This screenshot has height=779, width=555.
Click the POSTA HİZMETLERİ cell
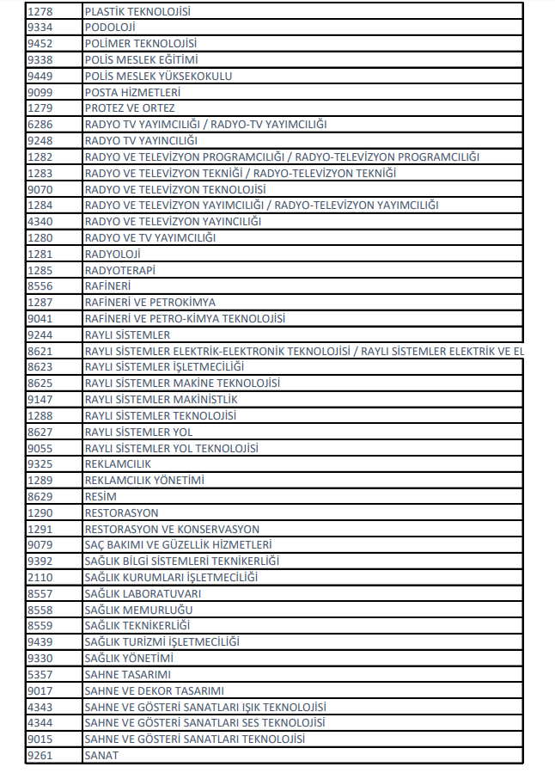click(x=132, y=92)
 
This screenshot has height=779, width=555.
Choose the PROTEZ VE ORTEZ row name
click(x=129, y=108)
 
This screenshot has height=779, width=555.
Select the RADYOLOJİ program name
click(x=113, y=254)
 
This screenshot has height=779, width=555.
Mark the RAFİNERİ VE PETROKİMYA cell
click(x=149, y=303)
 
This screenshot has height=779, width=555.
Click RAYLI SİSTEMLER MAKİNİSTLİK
click(x=161, y=400)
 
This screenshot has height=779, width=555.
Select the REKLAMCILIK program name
click(x=118, y=464)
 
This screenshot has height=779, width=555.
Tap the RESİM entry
click(x=101, y=497)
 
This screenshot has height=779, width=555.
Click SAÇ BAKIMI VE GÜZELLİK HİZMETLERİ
click(x=178, y=545)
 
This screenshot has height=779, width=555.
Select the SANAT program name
click(x=101, y=756)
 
